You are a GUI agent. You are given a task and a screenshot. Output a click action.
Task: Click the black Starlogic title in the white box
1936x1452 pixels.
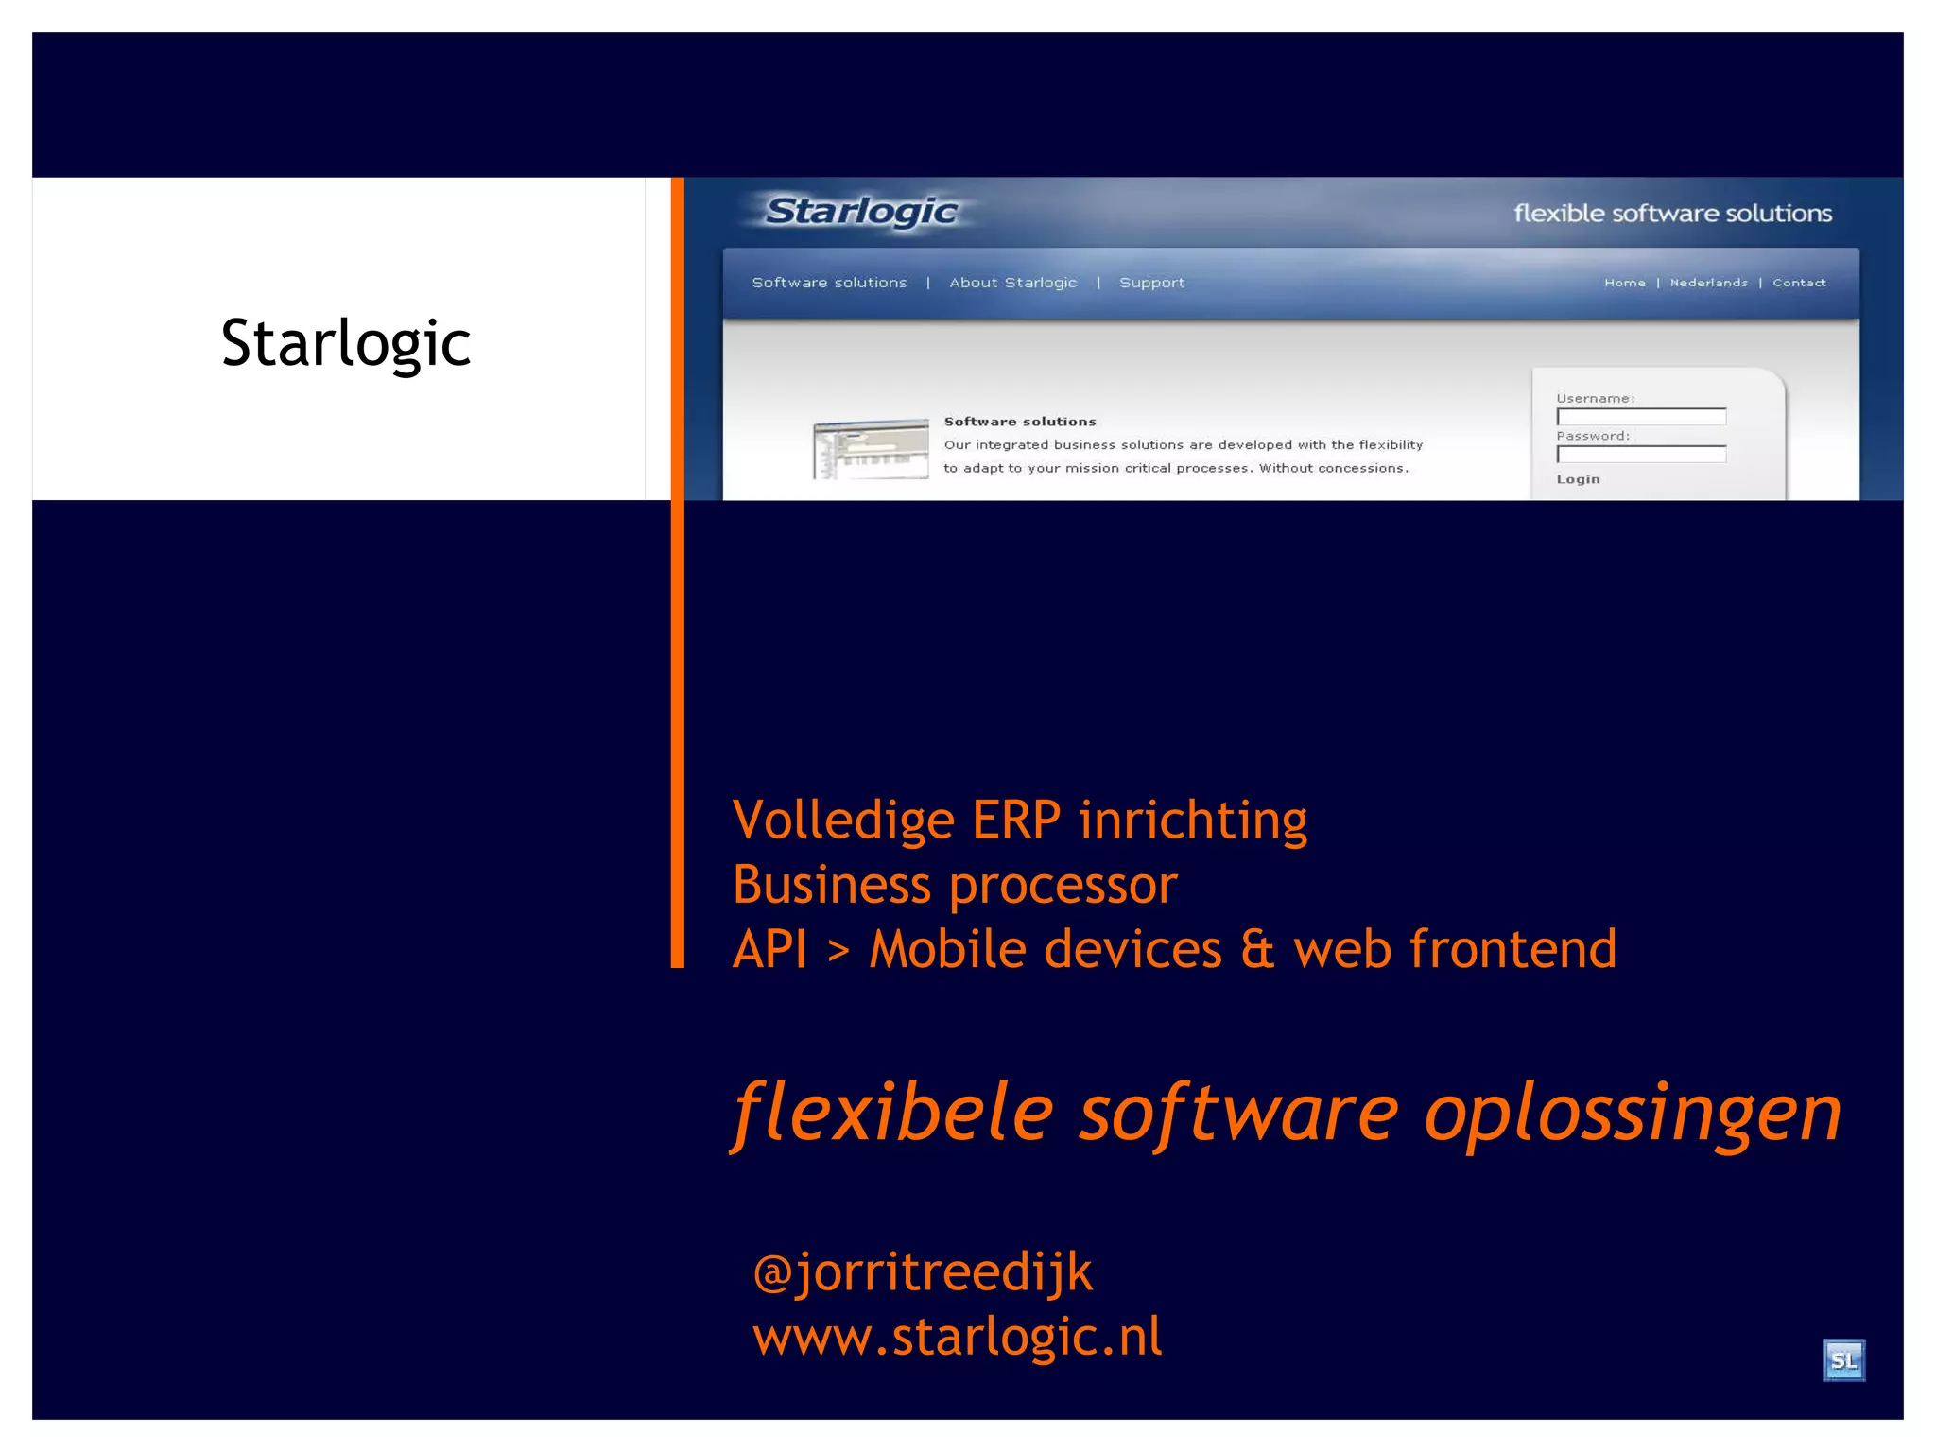pyautogui.click(x=346, y=343)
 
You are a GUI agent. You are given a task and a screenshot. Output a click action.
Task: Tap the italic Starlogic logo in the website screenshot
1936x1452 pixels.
pyautogui.click(x=861, y=212)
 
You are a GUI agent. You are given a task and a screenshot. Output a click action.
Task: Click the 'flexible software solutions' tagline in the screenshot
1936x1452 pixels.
pyautogui.click(x=1672, y=214)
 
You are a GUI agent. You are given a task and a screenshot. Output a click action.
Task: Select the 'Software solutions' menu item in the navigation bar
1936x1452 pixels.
pyautogui.click(x=829, y=283)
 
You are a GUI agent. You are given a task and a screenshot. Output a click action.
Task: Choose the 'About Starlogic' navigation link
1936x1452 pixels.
pyautogui.click(x=1012, y=283)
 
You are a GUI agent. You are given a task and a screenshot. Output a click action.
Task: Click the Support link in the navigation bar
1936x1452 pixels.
pyautogui.click(x=1151, y=283)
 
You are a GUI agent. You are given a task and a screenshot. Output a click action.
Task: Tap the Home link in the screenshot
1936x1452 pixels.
pyautogui.click(x=1624, y=283)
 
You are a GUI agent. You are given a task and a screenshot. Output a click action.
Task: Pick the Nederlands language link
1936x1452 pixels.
pyautogui.click(x=1708, y=283)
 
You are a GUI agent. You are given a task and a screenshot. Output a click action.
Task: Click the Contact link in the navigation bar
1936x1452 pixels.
pyautogui.click(x=1799, y=283)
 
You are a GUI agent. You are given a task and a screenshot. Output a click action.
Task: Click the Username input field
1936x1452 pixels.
pyautogui.click(x=1641, y=417)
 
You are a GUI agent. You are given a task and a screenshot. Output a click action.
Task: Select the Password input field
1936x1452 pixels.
pyautogui.click(x=1641, y=455)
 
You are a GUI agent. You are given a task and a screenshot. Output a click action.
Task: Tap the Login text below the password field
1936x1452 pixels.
pyautogui.click(x=1578, y=479)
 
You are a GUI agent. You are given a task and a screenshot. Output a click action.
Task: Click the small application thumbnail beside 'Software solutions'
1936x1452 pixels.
pyautogui.click(x=871, y=449)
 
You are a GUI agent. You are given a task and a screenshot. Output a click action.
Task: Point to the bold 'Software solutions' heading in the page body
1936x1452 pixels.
pyautogui.click(x=1020, y=422)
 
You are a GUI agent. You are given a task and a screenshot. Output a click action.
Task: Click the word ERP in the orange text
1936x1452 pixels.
pyautogui.click(x=1016, y=820)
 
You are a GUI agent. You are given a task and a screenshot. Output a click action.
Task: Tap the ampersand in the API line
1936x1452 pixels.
pyautogui.click(x=1257, y=949)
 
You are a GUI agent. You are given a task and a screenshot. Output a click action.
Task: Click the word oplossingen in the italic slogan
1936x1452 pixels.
pyautogui.click(x=1633, y=1113)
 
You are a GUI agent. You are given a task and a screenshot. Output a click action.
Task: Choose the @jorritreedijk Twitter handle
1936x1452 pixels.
pyautogui.click(x=923, y=1272)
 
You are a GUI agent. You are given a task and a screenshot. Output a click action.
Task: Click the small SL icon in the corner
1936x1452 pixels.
pyautogui.click(x=1843, y=1360)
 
